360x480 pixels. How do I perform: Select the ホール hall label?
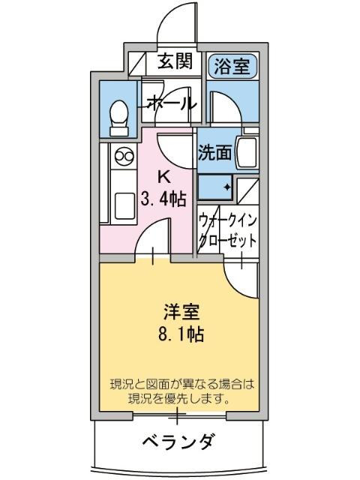tap(171, 103)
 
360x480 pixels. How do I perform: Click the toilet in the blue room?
tap(118, 118)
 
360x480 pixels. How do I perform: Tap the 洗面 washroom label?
tap(214, 152)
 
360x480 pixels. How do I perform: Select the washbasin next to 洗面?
tap(247, 153)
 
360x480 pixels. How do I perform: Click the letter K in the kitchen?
tap(164, 176)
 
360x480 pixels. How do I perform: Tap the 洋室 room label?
tap(179, 310)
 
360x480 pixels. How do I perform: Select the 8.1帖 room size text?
tap(180, 332)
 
